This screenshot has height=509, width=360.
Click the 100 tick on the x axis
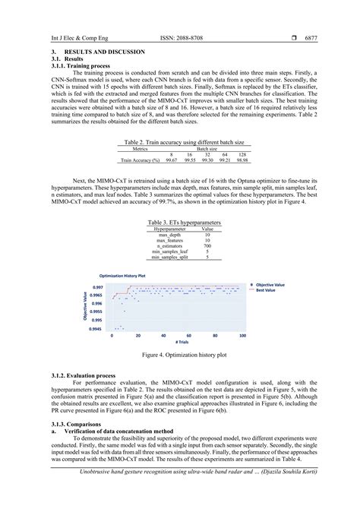(242, 335)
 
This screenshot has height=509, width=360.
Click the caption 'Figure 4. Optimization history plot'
(180, 355)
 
